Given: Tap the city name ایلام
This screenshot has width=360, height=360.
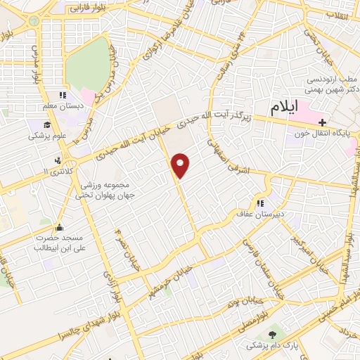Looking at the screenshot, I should click(x=294, y=107).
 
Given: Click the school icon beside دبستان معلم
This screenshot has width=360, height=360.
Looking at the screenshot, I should click(x=63, y=96).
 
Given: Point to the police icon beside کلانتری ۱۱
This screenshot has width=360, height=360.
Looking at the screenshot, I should click(x=67, y=162).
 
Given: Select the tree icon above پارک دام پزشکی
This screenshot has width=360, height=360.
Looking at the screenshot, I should click(x=272, y=331).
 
